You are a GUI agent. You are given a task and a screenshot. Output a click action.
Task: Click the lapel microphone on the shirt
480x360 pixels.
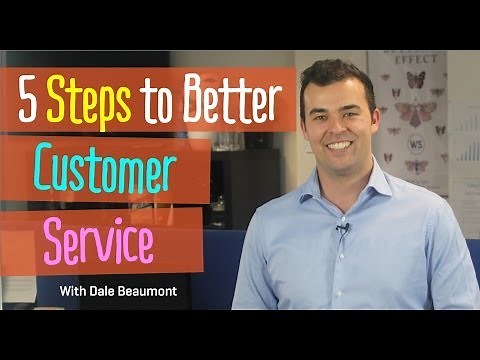[x=341, y=230]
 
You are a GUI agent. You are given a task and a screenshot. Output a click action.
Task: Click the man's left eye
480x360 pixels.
[x=358, y=109]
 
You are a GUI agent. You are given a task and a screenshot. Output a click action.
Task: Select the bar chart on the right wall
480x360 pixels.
[x=465, y=150]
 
